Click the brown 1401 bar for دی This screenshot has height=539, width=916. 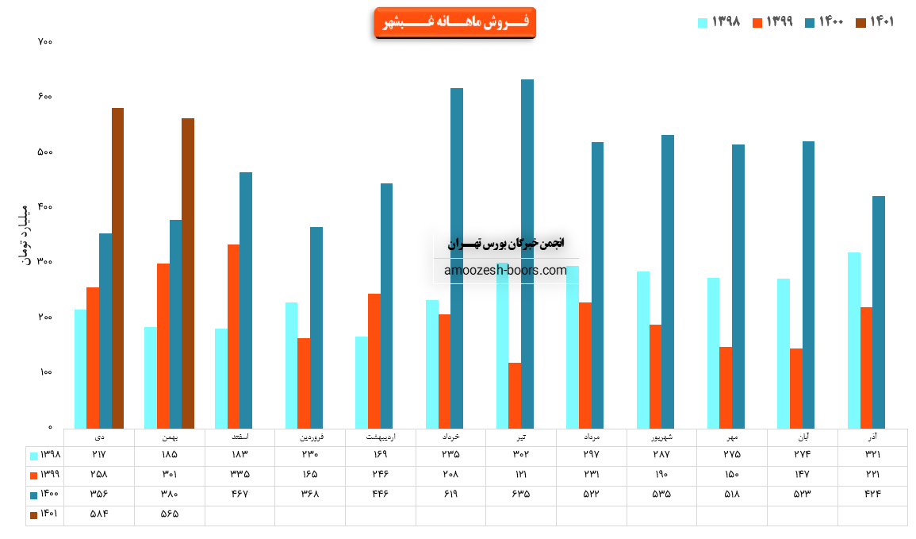click(x=117, y=268)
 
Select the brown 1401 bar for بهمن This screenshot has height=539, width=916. click(x=188, y=274)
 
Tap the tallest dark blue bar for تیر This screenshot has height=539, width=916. click(x=527, y=254)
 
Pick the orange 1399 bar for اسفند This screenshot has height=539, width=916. click(x=234, y=337)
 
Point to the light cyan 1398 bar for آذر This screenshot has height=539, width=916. click(x=853, y=341)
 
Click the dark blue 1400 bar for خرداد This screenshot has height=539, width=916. click(x=457, y=259)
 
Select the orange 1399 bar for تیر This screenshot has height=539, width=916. click(x=515, y=395)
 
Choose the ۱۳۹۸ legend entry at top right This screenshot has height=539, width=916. click(x=719, y=22)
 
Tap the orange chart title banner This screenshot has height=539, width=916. click(x=454, y=22)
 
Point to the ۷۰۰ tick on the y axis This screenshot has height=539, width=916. click(x=44, y=41)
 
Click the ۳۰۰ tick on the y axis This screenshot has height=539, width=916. click(x=44, y=262)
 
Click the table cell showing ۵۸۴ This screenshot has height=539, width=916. click(x=99, y=514)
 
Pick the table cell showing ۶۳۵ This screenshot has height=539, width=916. click(x=521, y=494)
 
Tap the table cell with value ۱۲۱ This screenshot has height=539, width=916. click(x=521, y=474)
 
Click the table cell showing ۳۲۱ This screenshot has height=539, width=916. click(x=872, y=454)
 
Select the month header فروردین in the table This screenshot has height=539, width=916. click(x=310, y=437)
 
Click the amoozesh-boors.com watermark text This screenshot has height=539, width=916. click(x=506, y=271)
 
